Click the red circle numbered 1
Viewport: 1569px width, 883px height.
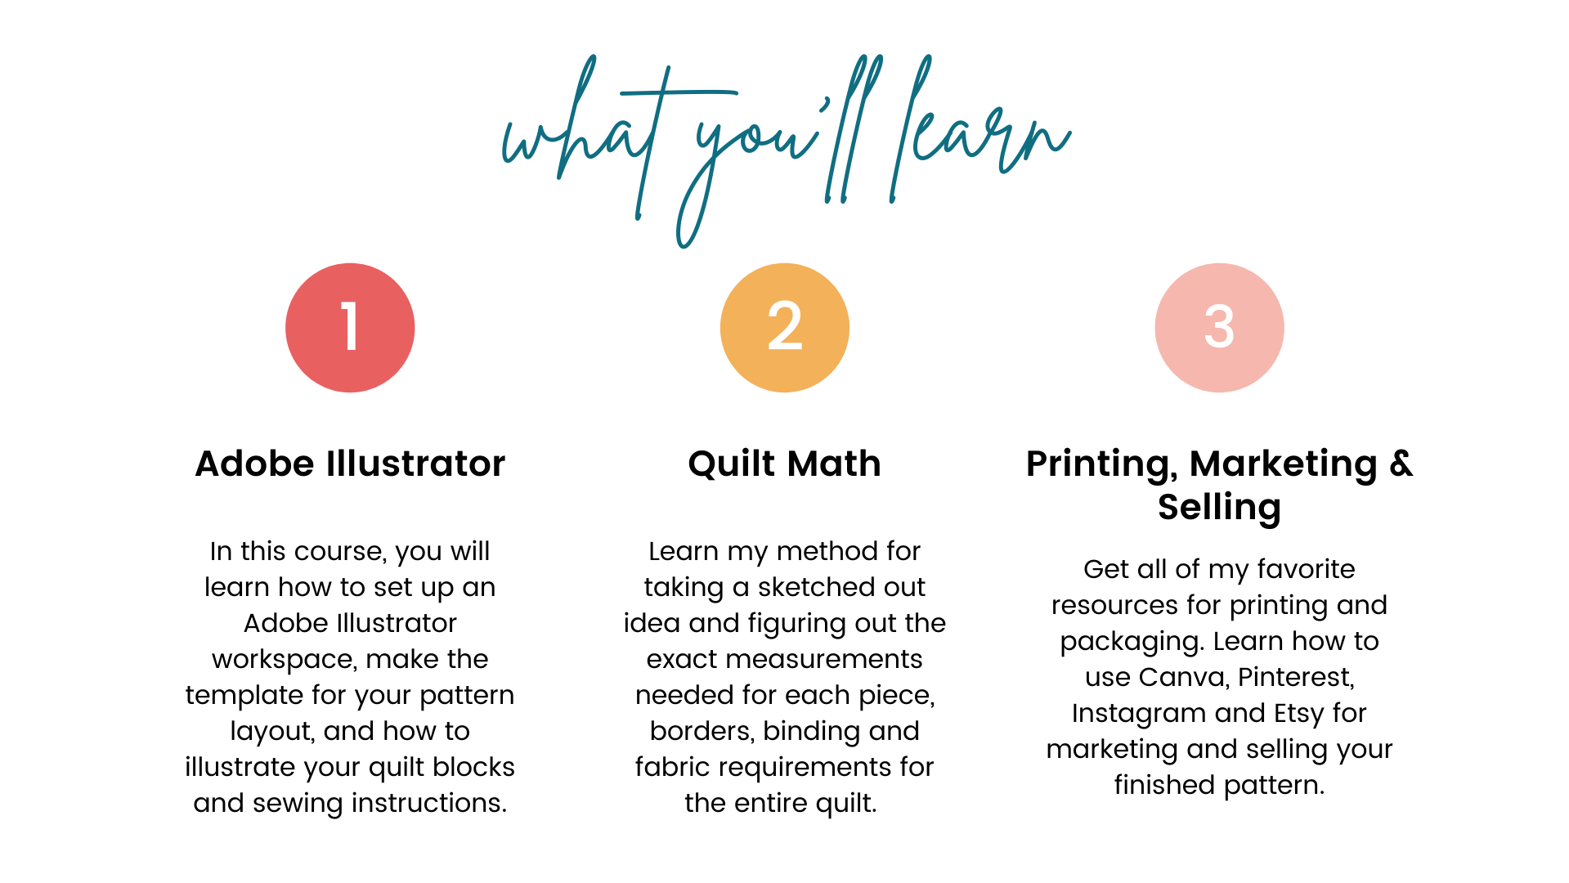pos(350,328)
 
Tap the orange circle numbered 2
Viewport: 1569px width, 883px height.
pos(785,328)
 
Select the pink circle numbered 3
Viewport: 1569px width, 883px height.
pos(1219,328)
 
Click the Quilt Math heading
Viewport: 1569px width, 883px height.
pos(785,464)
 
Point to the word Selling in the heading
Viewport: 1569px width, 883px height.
pos(1219,508)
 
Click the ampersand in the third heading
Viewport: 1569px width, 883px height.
pos(1401,464)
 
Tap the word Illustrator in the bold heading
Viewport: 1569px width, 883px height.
pos(415,464)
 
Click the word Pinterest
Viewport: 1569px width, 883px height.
pos(1297,677)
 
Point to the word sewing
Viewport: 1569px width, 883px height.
pos(298,804)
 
